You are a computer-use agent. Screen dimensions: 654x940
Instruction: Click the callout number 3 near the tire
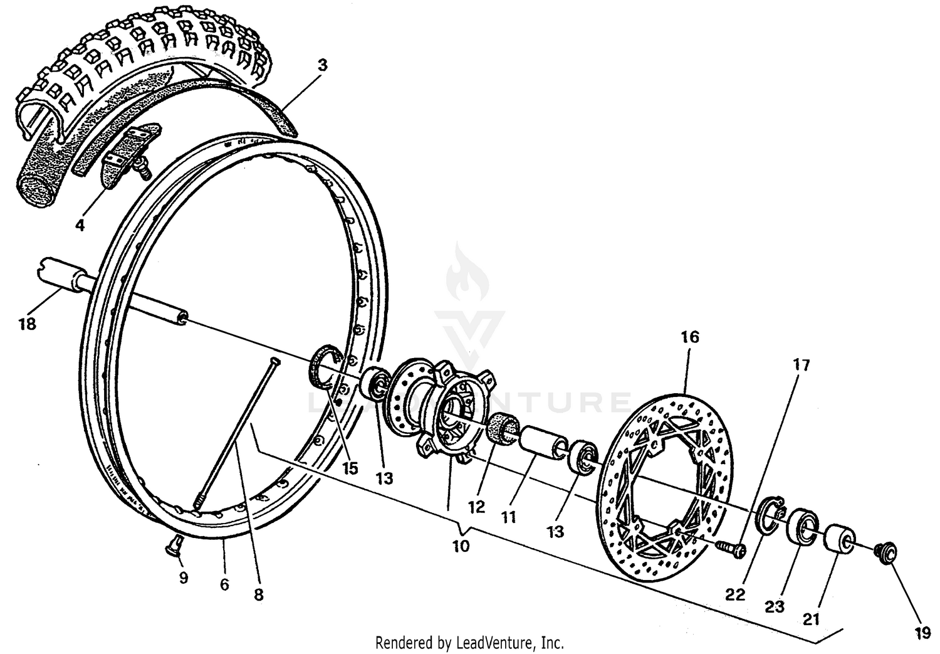click(x=322, y=65)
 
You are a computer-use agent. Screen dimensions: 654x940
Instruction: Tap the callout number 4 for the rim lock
click(x=80, y=224)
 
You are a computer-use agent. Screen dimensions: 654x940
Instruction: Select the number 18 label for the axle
click(x=27, y=324)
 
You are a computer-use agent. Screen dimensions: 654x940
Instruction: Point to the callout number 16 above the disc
click(x=689, y=337)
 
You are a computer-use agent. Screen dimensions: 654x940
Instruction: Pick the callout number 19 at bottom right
click(x=922, y=633)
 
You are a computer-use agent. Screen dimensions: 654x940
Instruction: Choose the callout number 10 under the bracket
click(x=461, y=546)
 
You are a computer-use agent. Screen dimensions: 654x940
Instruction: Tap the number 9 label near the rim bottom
click(x=183, y=578)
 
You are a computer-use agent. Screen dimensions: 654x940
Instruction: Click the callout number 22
click(x=735, y=594)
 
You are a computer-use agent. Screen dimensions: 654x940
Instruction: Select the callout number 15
click(x=350, y=468)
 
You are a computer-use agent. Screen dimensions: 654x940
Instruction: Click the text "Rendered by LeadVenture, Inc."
click(x=469, y=643)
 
